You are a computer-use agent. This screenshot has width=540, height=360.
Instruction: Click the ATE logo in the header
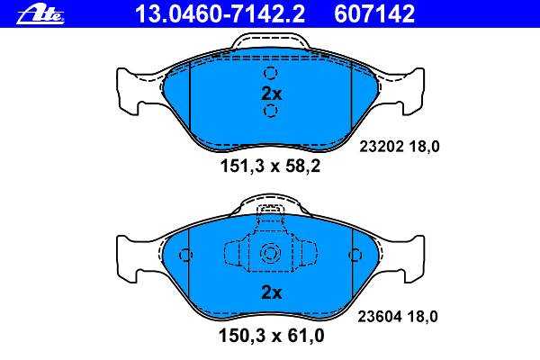pyautogui.click(x=40, y=15)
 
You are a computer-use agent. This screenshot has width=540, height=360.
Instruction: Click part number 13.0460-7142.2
pyautogui.click(x=220, y=14)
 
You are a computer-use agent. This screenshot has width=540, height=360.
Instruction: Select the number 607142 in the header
pyautogui.click(x=374, y=14)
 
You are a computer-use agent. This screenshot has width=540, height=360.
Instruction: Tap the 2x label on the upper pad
pyautogui.click(x=272, y=94)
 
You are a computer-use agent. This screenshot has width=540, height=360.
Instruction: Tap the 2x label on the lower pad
pyautogui.click(x=272, y=292)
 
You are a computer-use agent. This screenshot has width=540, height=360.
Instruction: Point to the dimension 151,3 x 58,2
pyautogui.click(x=270, y=166)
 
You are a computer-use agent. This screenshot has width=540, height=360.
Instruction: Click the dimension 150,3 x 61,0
pyautogui.click(x=272, y=336)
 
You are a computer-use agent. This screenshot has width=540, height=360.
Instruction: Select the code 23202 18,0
pyautogui.click(x=400, y=147)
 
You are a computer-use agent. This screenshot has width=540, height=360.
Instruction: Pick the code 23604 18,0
pyautogui.click(x=398, y=316)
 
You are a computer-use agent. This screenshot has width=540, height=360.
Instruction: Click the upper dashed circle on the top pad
pyautogui.click(x=270, y=73)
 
